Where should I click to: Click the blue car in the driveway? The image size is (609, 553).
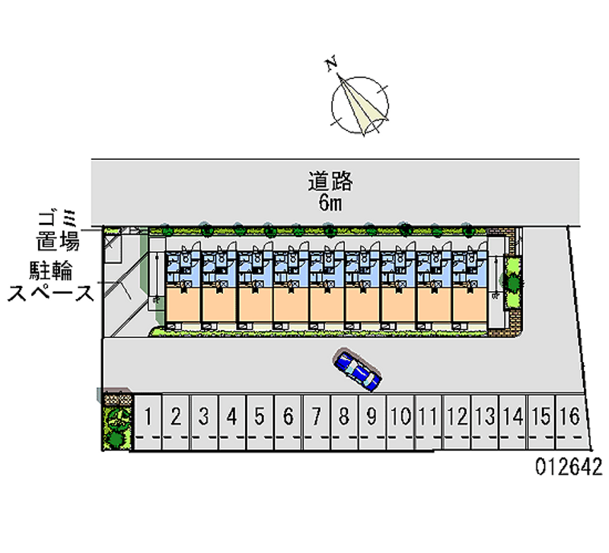(358, 370)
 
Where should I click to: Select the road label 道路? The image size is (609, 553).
(330, 181)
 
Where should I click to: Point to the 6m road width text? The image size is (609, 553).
(330, 202)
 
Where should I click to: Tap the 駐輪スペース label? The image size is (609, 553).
(50, 281)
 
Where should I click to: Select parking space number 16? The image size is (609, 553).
(572, 416)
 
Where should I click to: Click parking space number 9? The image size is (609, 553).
(371, 416)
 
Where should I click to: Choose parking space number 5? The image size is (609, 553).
(260, 416)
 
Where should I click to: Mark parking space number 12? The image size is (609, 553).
(457, 416)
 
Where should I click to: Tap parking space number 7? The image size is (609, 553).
(316, 416)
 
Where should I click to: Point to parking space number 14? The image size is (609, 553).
(514, 416)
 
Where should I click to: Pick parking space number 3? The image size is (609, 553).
(204, 416)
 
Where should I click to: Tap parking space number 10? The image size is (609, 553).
(400, 416)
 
